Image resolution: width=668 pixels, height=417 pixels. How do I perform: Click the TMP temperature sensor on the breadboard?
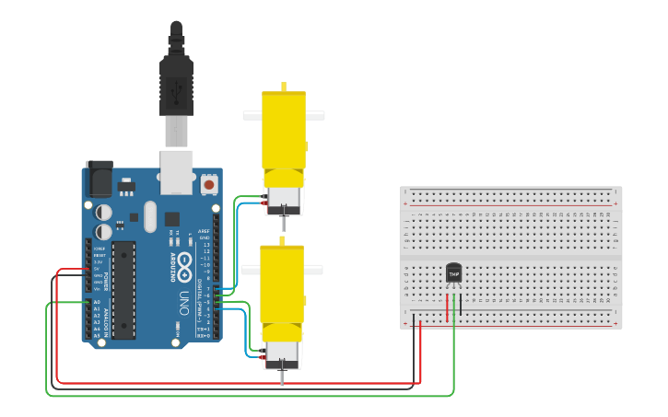pyautogui.click(x=453, y=272)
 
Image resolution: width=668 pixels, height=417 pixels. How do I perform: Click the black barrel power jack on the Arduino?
pyautogui.click(x=98, y=179)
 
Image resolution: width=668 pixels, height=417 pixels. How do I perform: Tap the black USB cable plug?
pyautogui.click(x=176, y=84)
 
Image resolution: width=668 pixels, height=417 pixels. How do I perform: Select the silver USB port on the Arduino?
pyautogui.click(x=176, y=171)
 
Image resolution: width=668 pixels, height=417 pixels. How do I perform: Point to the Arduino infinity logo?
pyautogui.click(x=183, y=265)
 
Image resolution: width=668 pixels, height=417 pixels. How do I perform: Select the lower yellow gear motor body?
pyautogui.click(x=282, y=285)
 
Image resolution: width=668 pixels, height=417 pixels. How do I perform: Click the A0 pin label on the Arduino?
pyautogui.click(x=97, y=302)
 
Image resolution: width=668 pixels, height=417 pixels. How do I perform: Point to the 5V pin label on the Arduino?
pyautogui.click(x=98, y=269)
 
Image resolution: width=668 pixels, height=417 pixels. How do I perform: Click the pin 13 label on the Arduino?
pyautogui.click(x=206, y=244)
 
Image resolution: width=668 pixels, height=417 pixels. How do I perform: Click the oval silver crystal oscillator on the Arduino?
pyautogui.click(x=150, y=219)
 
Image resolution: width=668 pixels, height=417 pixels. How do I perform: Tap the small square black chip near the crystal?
pyautogui.click(x=172, y=218)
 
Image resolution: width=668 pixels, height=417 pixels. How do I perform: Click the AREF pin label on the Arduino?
pyautogui.click(x=204, y=231)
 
